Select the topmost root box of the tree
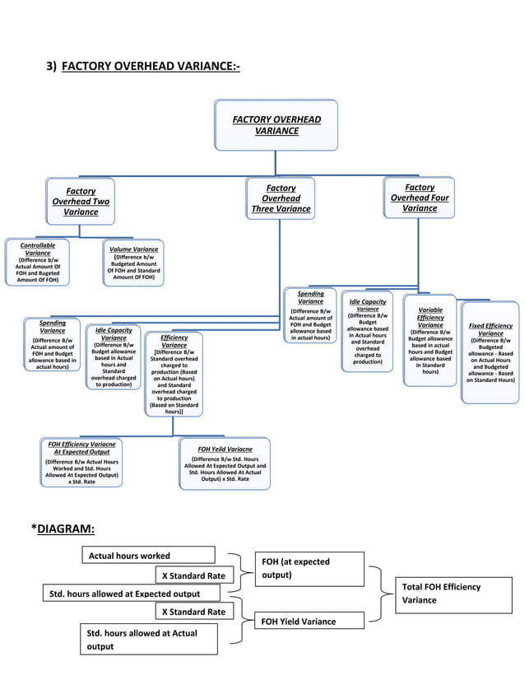(x=276, y=125)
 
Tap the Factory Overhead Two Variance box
(x=81, y=202)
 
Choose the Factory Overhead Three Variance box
(x=281, y=199)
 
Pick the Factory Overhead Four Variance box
(x=420, y=198)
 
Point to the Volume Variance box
(x=133, y=263)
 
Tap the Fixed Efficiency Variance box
(x=490, y=352)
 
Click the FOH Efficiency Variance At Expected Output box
(x=81, y=463)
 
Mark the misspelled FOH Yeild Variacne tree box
(x=225, y=463)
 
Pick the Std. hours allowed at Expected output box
(x=132, y=594)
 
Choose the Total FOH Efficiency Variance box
(x=451, y=593)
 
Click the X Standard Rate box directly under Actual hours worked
(x=194, y=575)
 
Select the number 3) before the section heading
(x=51, y=66)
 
